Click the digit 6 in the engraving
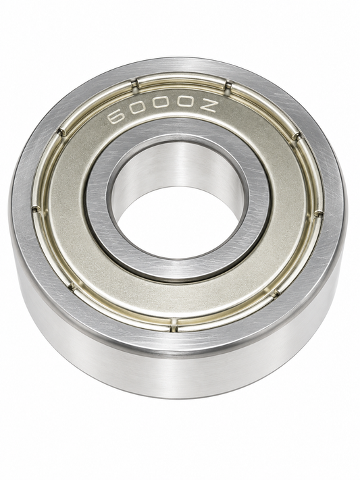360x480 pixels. point(117,116)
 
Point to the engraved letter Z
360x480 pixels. point(210,106)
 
